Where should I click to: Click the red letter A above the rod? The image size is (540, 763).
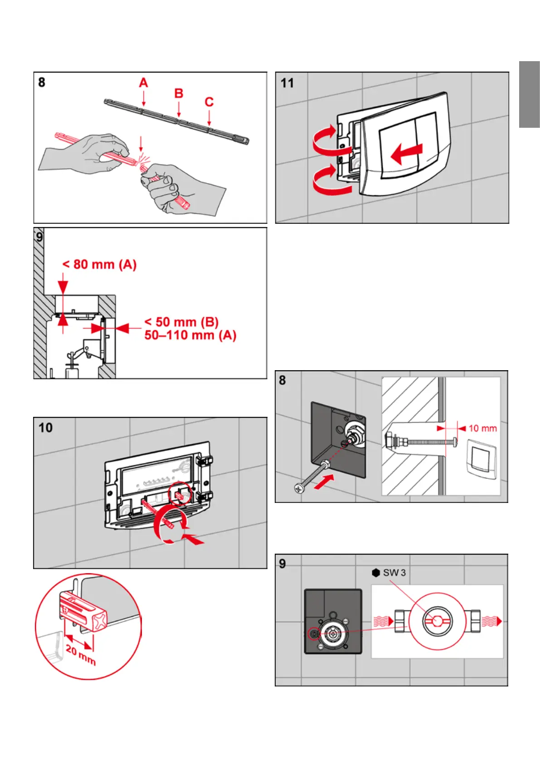(x=143, y=83)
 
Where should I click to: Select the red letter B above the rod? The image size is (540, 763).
(x=179, y=93)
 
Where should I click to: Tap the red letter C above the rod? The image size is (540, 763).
(x=209, y=102)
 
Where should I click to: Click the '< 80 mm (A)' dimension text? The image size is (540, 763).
(x=99, y=265)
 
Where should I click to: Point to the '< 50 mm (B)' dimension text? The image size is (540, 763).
(x=181, y=322)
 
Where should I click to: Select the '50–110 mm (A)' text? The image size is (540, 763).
(x=190, y=335)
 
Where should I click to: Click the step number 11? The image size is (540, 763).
(x=287, y=83)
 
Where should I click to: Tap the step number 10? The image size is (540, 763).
(x=45, y=428)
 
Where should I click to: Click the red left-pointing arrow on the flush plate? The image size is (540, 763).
(x=406, y=154)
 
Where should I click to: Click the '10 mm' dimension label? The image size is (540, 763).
(x=482, y=429)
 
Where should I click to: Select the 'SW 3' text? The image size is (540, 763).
(x=394, y=573)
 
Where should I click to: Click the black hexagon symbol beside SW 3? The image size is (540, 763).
(x=376, y=573)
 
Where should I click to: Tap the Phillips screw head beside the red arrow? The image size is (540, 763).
(x=299, y=489)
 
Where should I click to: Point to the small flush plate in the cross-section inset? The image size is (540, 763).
(x=482, y=457)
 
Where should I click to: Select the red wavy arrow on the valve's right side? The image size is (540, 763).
(x=491, y=621)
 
